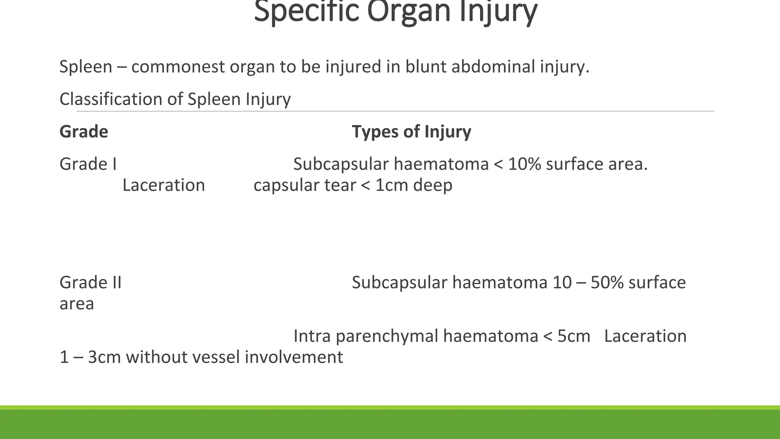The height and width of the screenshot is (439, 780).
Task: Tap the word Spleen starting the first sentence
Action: [x=86, y=67]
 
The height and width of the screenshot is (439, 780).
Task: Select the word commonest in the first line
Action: [x=178, y=67]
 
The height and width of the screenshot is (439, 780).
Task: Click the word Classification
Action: [x=111, y=99]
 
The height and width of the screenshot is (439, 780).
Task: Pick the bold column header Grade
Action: [x=84, y=132]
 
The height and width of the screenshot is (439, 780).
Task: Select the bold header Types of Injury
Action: [x=411, y=132]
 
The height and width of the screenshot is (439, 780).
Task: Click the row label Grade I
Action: [x=88, y=165]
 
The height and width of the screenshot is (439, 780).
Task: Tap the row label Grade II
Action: [x=90, y=283]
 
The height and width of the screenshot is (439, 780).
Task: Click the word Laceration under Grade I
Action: [x=164, y=186]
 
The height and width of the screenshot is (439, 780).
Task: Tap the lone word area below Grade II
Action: [x=77, y=304]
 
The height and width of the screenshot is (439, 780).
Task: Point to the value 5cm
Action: [x=574, y=336]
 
